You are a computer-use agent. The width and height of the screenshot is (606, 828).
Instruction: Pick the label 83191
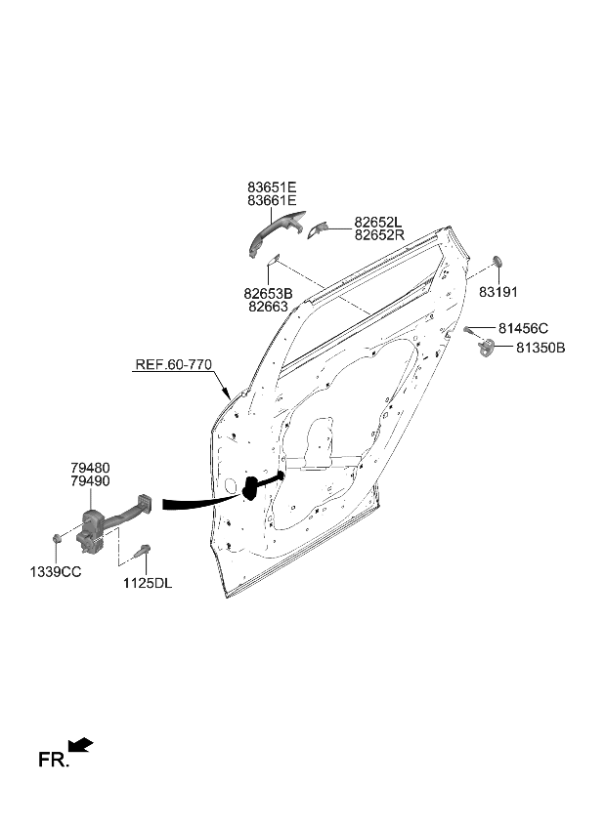(x=498, y=292)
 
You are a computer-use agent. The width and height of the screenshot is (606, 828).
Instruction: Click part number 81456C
(x=523, y=328)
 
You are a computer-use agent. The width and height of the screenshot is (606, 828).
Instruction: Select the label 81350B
(x=541, y=348)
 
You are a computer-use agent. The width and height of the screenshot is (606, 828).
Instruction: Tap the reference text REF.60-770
(x=173, y=365)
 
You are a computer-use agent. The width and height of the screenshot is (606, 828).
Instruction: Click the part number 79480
(x=90, y=468)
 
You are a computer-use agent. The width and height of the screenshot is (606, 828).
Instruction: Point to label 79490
(x=90, y=481)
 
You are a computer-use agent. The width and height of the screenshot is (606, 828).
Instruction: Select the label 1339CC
(x=55, y=571)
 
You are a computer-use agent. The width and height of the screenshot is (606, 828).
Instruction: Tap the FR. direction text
(x=54, y=759)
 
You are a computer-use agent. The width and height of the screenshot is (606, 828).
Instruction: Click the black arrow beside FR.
(x=82, y=746)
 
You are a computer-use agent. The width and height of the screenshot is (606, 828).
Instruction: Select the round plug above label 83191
(x=498, y=261)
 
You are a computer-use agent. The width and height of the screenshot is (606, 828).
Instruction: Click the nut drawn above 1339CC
(x=57, y=538)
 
